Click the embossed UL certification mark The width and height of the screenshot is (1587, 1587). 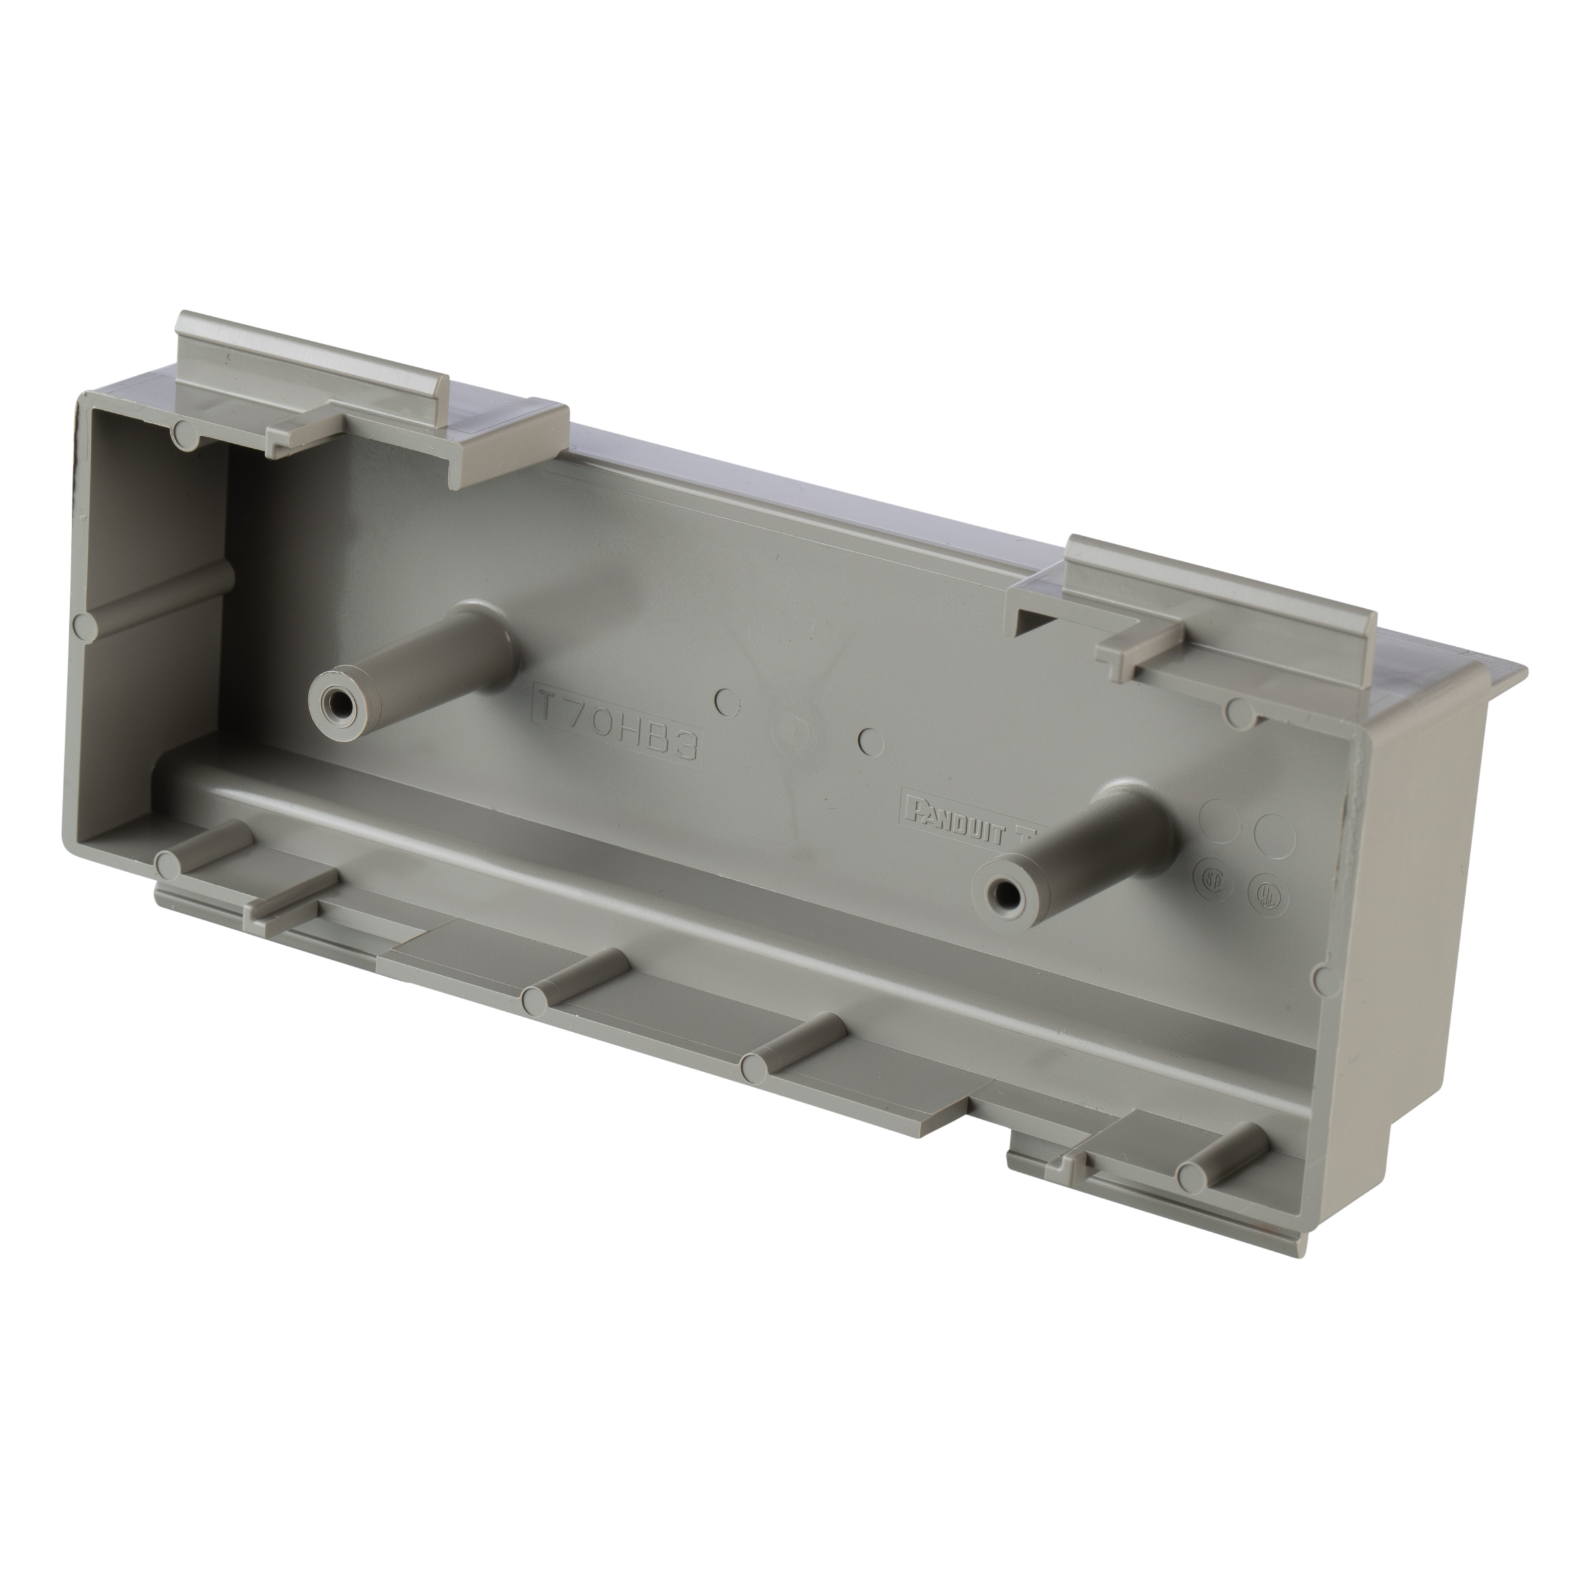[x=1268, y=897]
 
